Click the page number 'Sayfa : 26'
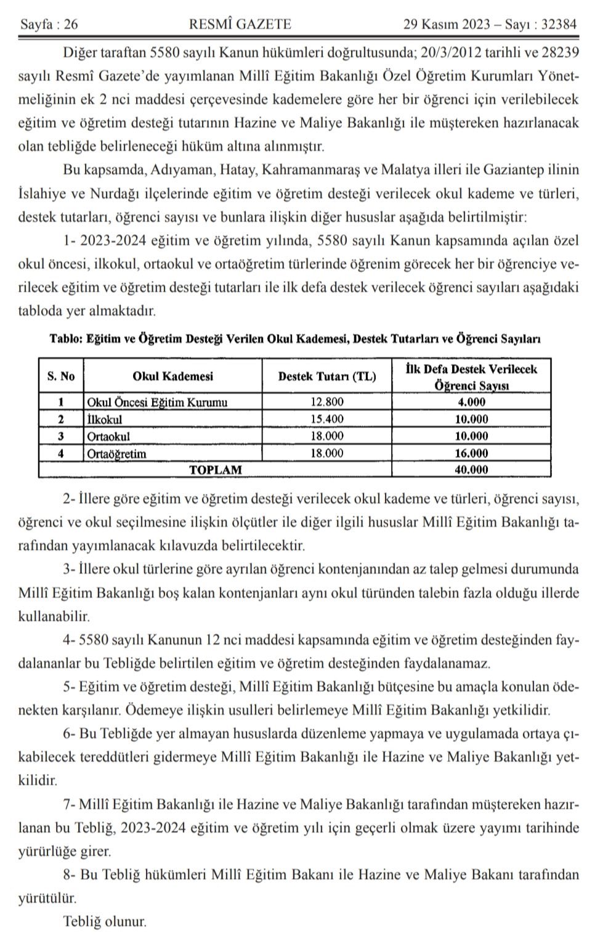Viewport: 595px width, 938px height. point(49,25)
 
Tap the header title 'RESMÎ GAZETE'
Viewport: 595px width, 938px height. point(240,25)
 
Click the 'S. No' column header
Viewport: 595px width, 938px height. point(61,377)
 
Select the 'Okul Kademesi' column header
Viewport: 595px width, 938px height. point(172,377)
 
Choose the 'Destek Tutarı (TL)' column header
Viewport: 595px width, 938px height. point(326,377)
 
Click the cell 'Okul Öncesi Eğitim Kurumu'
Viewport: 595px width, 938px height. point(158,402)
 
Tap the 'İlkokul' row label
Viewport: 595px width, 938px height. point(105,420)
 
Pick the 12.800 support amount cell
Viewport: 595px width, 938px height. point(326,402)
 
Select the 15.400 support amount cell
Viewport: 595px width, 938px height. point(326,420)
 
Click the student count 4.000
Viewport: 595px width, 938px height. point(471,402)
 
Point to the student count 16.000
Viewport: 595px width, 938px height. point(471,454)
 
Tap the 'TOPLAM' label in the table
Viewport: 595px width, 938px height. point(215,470)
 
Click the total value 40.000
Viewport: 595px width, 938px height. point(471,470)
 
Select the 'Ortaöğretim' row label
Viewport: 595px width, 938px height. point(117,454)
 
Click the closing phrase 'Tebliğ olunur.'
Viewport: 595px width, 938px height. point(105,922)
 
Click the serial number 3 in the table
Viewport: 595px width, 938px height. point(61,436)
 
